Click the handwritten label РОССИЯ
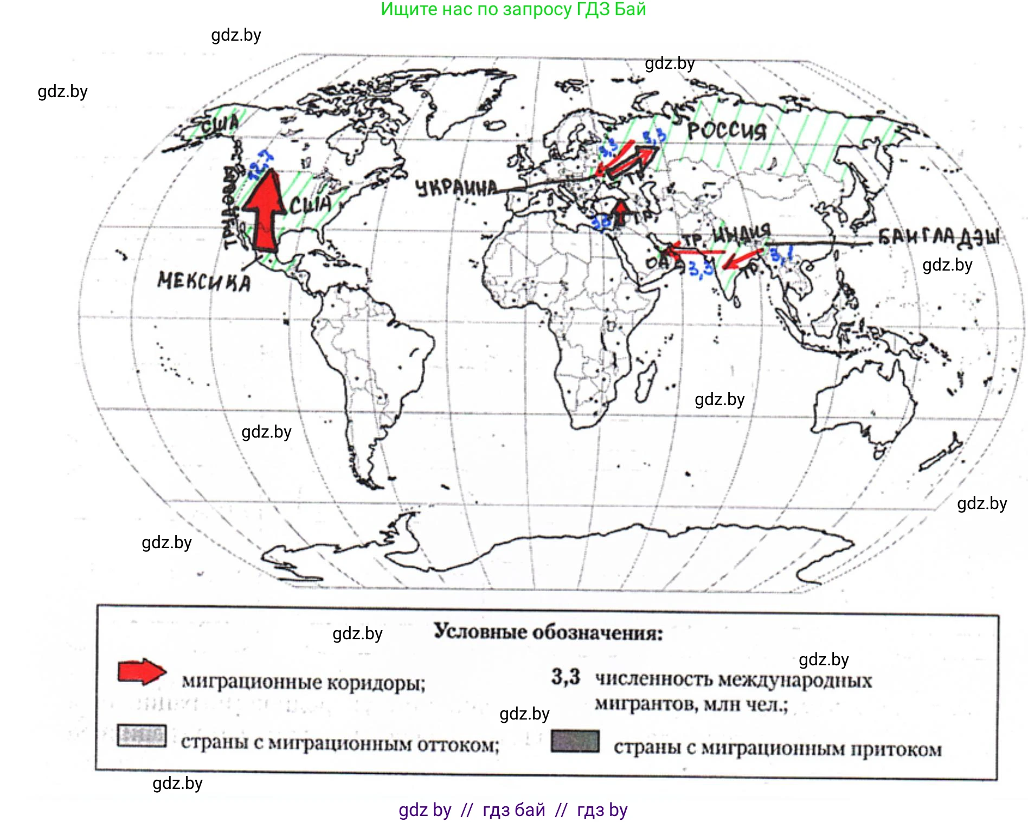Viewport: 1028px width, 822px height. point(727,131)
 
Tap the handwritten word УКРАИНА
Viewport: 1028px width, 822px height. point(456,188)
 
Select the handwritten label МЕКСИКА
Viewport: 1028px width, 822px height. point(204,281)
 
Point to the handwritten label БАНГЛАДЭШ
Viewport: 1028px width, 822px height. point(939,236)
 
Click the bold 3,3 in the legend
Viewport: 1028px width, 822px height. point(566,677)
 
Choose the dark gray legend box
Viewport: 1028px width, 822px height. point(575,741)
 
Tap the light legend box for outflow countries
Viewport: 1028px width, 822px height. point(142,736)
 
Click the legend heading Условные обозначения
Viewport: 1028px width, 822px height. point(548,632)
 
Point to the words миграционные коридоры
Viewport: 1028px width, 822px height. point(303,682)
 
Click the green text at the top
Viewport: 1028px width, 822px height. point(513,9)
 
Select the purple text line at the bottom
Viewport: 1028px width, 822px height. point(513,810)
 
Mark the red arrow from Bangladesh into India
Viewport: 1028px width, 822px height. point(742,259)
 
